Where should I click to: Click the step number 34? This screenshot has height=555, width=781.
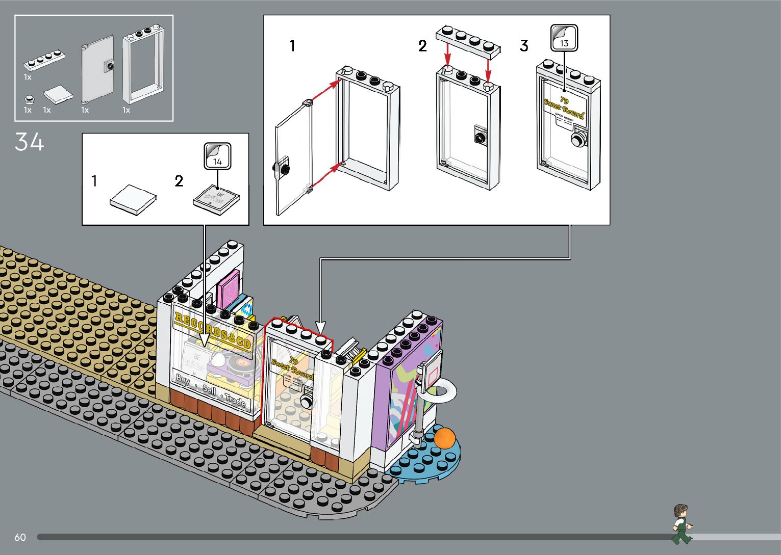[29, 142]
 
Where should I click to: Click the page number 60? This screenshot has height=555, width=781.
[20, 537]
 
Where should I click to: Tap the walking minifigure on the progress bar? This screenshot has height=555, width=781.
[681, 524]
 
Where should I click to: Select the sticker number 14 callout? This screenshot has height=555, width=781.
[217, 156]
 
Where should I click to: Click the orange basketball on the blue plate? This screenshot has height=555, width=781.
[444, 438]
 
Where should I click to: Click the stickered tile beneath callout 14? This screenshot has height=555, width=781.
[216, 199]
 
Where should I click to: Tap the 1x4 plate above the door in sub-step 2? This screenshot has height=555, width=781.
[468, 40]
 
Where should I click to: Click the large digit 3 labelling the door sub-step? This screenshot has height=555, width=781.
[524, 46]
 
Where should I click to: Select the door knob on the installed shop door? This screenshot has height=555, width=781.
[307, 402]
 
